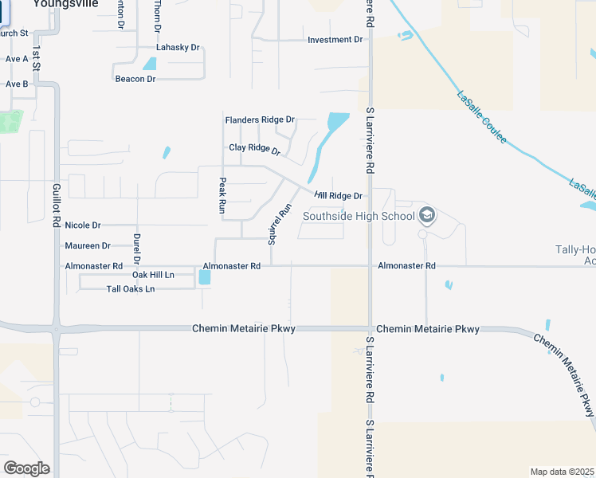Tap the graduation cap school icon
[427, 215]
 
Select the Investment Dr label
[335, 40]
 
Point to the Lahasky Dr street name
[178, 49]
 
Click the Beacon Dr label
[135, 79]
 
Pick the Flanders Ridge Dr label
[260, 120]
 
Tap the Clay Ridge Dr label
[255, 149]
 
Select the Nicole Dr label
[83, 225]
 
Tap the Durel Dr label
[137, 249]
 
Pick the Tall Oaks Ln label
[131, 288]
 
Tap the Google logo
[25, 468]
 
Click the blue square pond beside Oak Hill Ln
[205, 278]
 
